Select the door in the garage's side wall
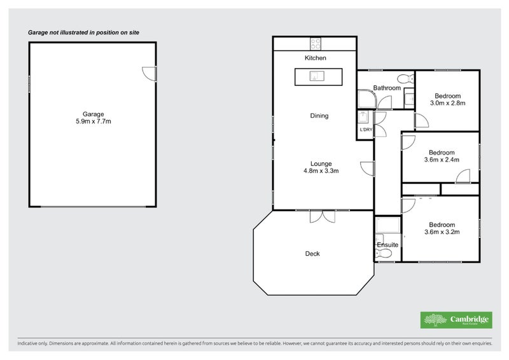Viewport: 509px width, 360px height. (x=149, y=73)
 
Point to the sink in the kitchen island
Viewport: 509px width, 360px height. (x=316, y=77)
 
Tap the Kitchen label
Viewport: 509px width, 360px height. (x=315, y=59)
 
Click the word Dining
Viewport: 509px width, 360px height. (x=319, y=116)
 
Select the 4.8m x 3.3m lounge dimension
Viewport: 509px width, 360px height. (x=320, y=170)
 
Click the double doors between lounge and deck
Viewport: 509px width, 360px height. (x=323, y=216)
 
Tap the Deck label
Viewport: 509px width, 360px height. (x=312, y=254)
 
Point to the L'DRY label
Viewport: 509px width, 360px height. (x=365, y=130)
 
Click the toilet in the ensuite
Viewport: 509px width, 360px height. (x=383, y=254)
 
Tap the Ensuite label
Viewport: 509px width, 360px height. (x=387, y=244)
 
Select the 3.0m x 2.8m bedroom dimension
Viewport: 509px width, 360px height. (x=448, y=102)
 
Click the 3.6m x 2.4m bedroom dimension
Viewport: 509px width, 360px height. (x=441, y=160)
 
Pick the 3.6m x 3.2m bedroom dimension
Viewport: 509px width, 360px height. (x=441, y=232)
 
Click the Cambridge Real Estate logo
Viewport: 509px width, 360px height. (x=456, y=320)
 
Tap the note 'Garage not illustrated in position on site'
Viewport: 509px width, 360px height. (x=83, y=32)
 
